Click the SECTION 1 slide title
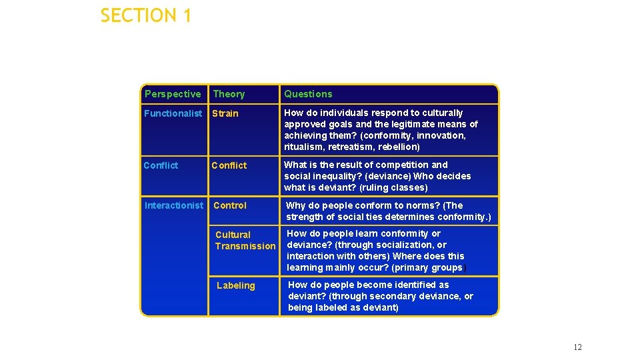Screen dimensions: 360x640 145,15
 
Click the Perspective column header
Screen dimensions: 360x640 172,94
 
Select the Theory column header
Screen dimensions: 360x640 229,95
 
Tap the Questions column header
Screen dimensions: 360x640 308,95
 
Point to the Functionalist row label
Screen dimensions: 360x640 173,113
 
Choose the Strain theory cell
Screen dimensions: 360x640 225,113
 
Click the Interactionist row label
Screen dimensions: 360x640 173,205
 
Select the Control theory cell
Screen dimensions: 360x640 230,205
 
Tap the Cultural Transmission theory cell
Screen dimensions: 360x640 245,241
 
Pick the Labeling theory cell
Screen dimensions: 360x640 236,285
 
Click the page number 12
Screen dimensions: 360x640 577,347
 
